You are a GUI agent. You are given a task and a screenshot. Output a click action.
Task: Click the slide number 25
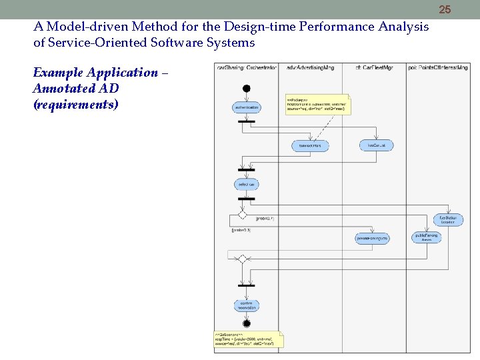click(445, 9)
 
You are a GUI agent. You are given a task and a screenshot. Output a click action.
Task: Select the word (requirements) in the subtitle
click(75, 104)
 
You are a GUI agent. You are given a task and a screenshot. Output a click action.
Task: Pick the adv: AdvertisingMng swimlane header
click(310, 67)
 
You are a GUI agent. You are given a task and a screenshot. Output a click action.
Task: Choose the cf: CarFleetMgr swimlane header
click(374, 67)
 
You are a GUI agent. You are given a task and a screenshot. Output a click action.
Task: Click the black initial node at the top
click(247, 88)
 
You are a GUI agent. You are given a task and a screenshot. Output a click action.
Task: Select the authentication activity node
click(246, 107)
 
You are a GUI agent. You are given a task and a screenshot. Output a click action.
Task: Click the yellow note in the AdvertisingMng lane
click(317, 104)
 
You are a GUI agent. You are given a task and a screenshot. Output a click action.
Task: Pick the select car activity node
click(246, 183)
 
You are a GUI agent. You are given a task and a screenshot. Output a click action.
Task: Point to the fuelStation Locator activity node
click(447, 219)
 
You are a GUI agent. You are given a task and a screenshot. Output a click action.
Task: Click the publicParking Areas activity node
click(427, 237)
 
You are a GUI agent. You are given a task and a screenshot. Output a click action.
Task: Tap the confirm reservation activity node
click(246, 305)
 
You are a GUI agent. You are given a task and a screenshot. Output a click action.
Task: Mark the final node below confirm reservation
click(246, 323)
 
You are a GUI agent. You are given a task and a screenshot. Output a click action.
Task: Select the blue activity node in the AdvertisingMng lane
click(309, 145)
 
